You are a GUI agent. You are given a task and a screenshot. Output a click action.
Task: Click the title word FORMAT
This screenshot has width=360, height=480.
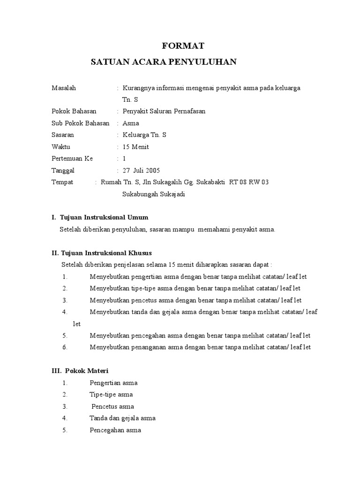click(x=183, y=46)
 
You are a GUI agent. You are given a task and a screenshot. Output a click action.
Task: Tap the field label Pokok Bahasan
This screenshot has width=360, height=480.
click(x=74, y=112)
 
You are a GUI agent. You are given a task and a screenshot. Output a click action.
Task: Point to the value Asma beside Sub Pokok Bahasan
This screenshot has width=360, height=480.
click(x=130, y=123)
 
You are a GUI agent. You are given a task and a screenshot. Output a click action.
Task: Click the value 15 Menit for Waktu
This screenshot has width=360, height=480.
click(x=135, y=147)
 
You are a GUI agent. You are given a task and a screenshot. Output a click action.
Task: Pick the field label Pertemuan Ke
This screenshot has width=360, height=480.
click(x=72, y=159)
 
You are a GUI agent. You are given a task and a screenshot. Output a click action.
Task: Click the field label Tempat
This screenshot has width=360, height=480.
click(x=62, y=182)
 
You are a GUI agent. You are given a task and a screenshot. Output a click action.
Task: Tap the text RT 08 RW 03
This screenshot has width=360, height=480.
click(x=248, y=182)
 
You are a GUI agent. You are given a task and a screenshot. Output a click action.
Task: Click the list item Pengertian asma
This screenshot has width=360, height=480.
click(x=113, y=383)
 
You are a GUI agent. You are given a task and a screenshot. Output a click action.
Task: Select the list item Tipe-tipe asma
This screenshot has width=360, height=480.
click(x=111, y=395)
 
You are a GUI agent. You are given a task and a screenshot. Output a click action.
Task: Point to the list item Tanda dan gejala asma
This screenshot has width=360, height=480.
click(x=122, y=418)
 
